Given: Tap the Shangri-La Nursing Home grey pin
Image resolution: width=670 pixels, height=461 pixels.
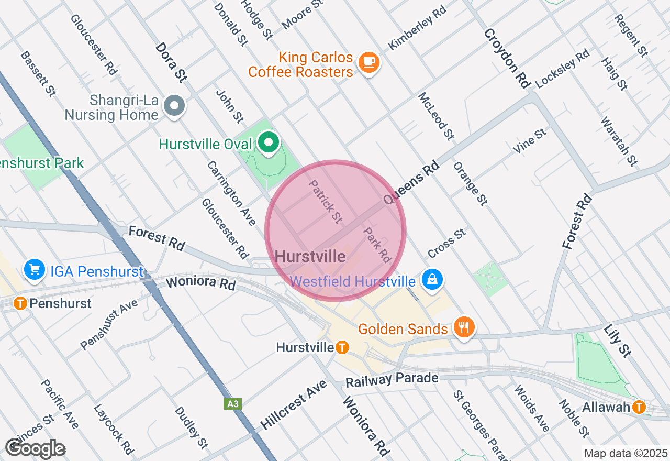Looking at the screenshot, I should (174, 106).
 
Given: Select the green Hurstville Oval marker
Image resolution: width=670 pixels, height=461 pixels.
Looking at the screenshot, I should (269, 142).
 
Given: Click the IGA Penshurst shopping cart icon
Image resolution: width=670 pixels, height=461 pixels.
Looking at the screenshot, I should (35, 270).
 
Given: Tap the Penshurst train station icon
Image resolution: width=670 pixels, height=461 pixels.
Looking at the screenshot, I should (20, 303).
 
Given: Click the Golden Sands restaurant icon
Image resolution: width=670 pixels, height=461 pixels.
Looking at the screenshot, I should (463, 327).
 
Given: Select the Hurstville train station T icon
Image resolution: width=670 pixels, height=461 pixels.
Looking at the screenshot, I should (342, 347).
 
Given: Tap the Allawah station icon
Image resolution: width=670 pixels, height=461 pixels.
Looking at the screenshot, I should (639, 407).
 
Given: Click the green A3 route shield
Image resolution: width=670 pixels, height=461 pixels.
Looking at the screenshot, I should (233, 403).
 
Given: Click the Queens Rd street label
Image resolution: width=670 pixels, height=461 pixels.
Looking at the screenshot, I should (410, 182).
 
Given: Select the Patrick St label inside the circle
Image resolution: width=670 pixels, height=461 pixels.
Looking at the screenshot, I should (325, 202).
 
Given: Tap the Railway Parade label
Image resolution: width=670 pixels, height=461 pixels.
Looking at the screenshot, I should (392, 380).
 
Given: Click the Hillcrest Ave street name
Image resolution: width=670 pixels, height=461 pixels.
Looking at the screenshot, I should (294, 405).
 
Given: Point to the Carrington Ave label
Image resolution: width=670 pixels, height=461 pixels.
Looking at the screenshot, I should (231, 193).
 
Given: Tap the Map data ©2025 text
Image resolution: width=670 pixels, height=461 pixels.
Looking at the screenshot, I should (626, 453).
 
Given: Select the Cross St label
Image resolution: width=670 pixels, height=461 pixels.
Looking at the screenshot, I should (446, 243).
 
